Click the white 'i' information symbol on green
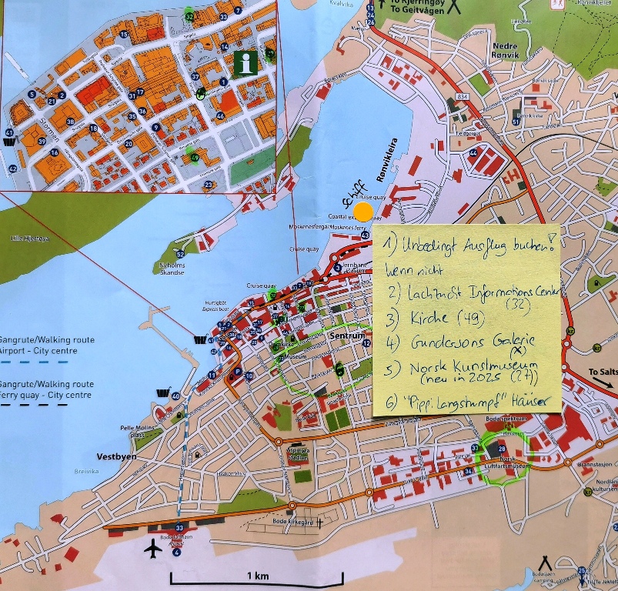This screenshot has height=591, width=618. coord(246,63)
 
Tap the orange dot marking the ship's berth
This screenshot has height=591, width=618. coord(363,212)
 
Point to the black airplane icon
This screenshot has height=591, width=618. coord(154,549)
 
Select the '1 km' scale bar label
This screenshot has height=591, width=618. coord(257,576)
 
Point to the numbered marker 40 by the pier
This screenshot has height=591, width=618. coord(176,396)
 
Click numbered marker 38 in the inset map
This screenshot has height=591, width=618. coord(70,122)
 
